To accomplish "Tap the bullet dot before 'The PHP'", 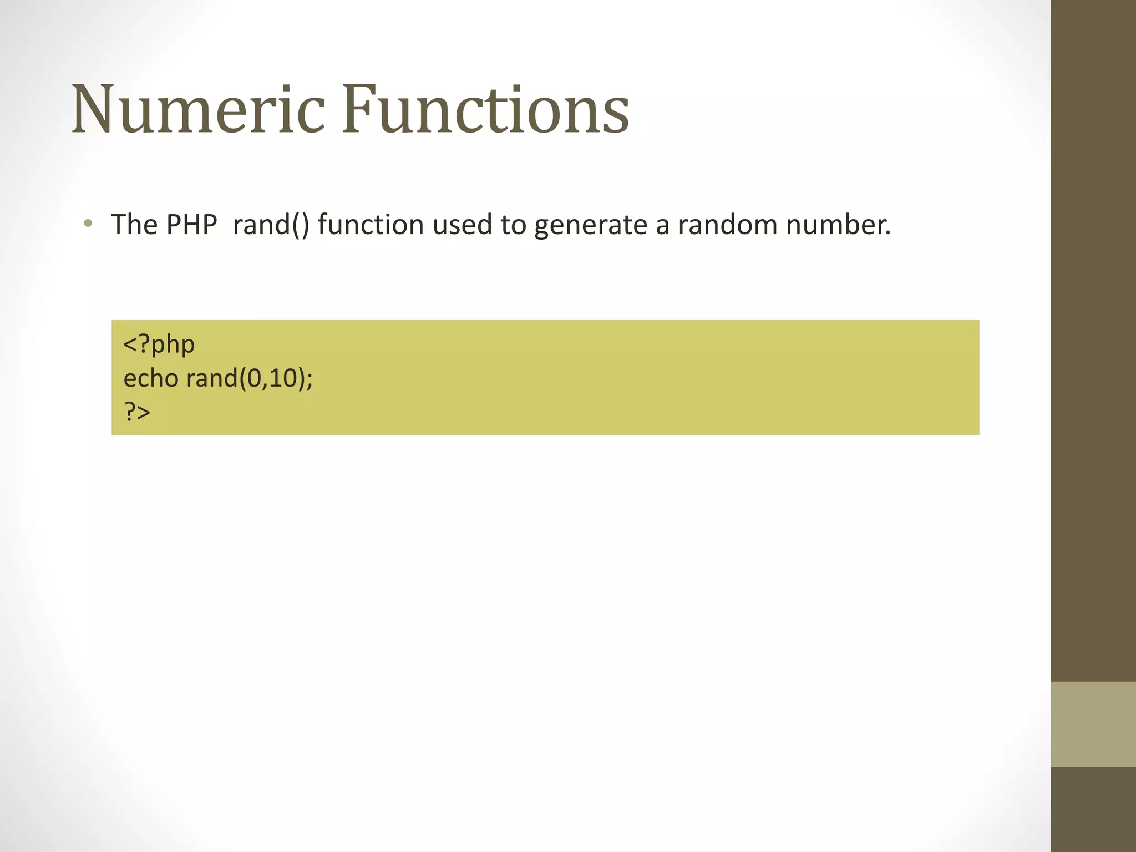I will tap(88, 224).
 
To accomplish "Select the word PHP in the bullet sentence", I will tap(191, 225).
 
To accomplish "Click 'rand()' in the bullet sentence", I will tap(271, 225).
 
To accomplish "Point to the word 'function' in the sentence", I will tap(371, 225).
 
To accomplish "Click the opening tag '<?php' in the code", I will tap(159, 344).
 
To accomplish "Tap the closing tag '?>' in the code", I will tap(137, 412).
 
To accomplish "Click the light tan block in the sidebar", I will tap(1093, 724).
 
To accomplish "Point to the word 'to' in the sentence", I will tap(513, 225).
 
